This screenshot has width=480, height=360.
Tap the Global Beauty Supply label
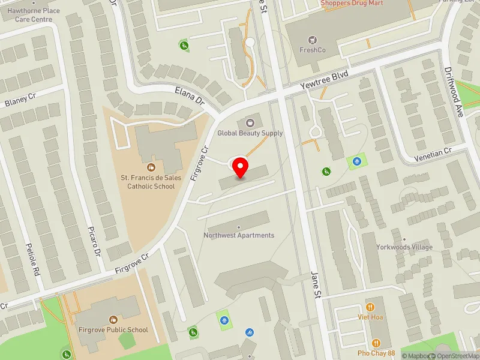pyautogui.click(x=250, y=133)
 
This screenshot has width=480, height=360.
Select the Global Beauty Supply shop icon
pyautogui.click(x=250, y=122)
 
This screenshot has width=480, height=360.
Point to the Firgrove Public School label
pyautogui.click(x=113, y=329)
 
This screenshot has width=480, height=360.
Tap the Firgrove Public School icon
pyautogui.click(x=113, y=319)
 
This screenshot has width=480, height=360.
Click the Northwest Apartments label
pyautogui.click(x=239, y=235)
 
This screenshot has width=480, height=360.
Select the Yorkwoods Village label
pyautogui.click(x=404, y=247)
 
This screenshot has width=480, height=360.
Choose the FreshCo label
pyautogui.click(x=312, y=50)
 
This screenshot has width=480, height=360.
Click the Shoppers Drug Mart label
pyautogui.click(x=352, y=4)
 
